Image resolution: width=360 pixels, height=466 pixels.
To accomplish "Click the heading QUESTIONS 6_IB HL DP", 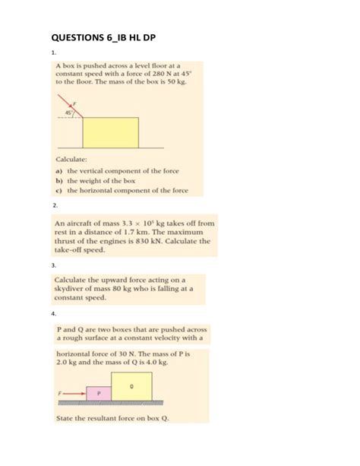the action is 107,36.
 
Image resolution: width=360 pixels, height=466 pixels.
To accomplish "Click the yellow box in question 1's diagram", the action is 110,132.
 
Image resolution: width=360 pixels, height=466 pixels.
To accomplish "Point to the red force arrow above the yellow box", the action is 74,106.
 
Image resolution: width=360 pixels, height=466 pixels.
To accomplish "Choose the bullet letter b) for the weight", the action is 58,182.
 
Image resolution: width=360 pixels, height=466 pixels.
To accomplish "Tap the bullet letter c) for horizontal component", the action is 58,191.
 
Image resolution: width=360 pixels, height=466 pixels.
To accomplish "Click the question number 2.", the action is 54,205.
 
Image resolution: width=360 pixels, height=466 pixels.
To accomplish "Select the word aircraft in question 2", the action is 85,223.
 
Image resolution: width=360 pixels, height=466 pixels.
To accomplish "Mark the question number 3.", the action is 54,265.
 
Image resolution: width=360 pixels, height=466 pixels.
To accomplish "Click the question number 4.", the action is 54,313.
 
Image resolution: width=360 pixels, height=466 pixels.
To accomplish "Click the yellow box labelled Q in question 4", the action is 131,386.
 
